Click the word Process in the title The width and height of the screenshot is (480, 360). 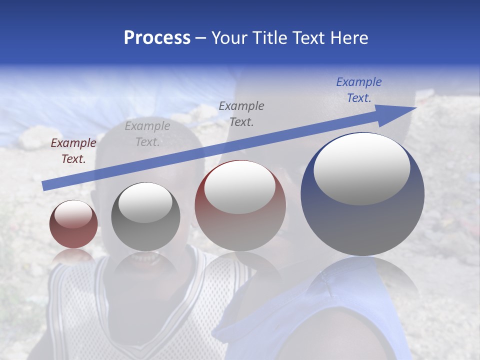click(157, 38)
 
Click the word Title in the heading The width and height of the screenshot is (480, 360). click(268, 38)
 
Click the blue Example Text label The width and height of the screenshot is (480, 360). click(359, 90)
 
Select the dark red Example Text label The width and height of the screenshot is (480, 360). click(73, 151)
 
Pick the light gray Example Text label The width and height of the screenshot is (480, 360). click(147, 134)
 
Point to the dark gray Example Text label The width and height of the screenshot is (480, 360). click(241, 113)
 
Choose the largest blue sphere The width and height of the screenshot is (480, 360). click(362, 220)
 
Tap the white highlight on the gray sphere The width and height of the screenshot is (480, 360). click(145, 202)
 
